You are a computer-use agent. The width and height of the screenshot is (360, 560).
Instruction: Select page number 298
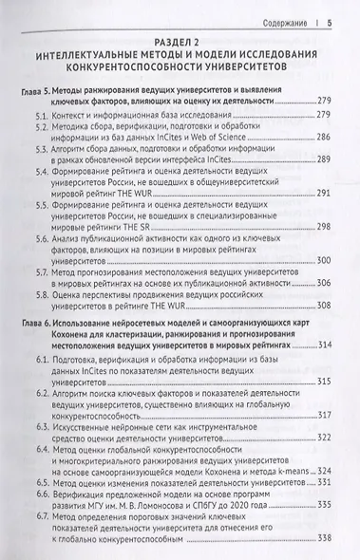[322, 254]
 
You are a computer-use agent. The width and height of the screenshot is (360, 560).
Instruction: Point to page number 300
[322, 287]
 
